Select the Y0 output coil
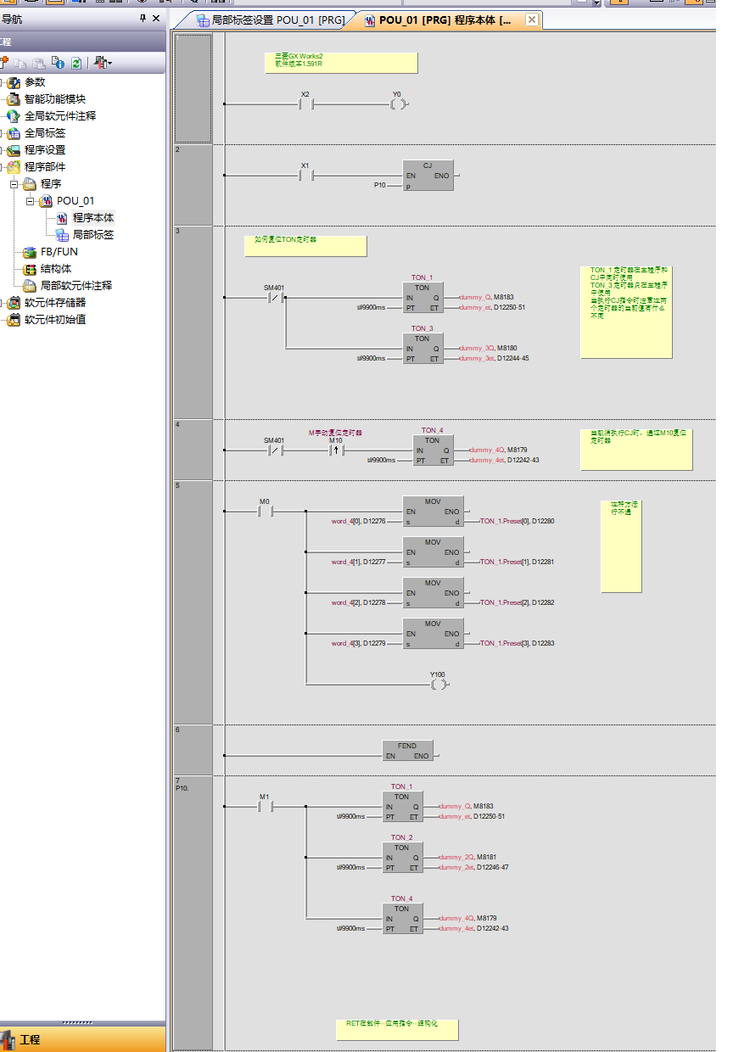point(398,104)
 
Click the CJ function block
point(428,175)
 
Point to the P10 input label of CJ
point(380,184)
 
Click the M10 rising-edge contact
point(336,450)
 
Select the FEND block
point(407,751)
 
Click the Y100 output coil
point(438,684)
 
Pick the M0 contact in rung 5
point(265,512)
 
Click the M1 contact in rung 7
point(265,807)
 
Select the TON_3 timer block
point(422,348)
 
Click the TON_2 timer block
point(401,857)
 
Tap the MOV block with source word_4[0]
point(433,512)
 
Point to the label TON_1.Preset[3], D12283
point(518,644)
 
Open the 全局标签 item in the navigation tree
point(44,133)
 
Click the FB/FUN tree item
point(59,252)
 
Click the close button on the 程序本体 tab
point(531,20)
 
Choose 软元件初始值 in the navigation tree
point(54,320)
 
